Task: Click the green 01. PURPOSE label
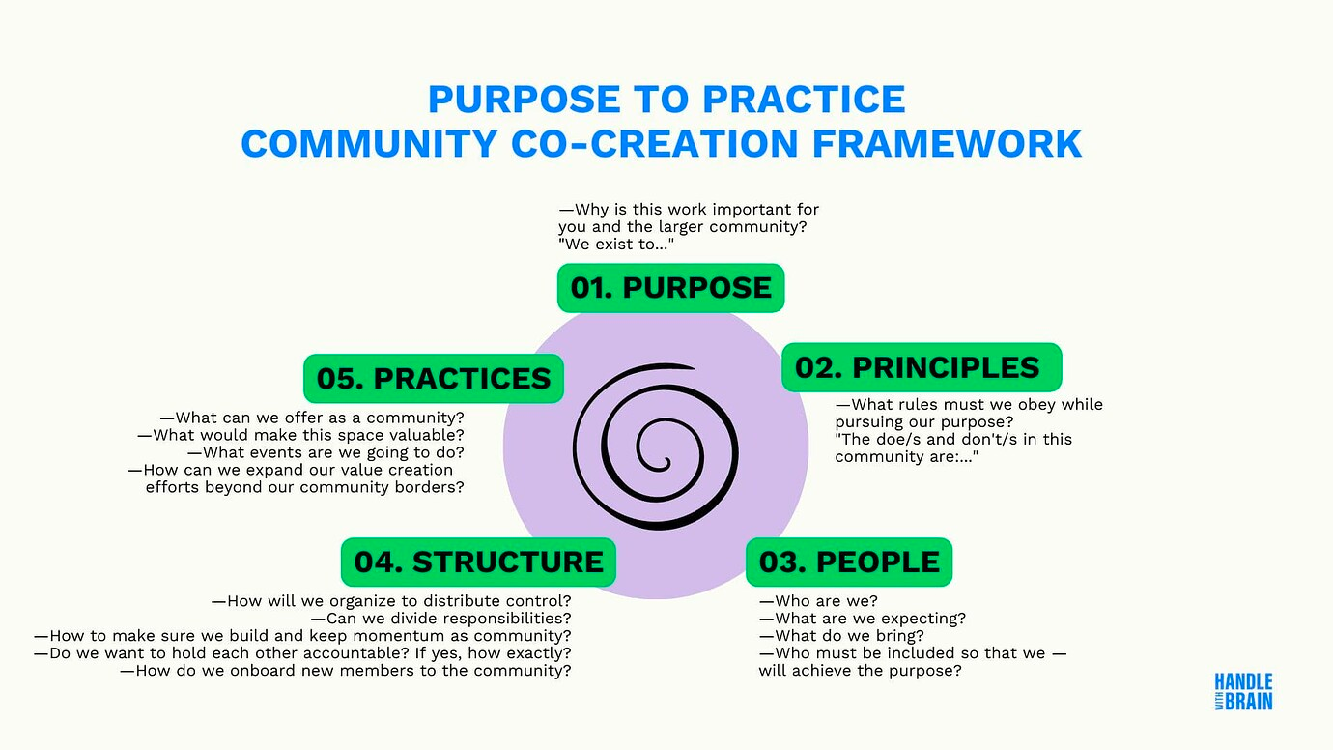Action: coord(670,288)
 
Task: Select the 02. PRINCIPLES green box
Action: coord(922,367)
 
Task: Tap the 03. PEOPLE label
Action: coord(849,562)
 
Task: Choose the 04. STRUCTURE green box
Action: coord(478,562)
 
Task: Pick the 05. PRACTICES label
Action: coord(434,379)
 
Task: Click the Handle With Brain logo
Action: coord(1244,692)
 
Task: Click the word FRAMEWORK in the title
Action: coord(947,143)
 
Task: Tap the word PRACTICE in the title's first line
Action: coord(804,99)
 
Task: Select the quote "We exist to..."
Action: coord(616,245)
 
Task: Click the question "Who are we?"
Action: coord(818,601)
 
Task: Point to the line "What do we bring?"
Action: coord(841,636)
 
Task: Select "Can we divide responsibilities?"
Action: coord(441,619)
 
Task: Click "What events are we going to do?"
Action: coord(326,452)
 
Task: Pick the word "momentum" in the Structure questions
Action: coord(394,636)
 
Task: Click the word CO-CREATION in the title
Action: coord(655,143)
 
